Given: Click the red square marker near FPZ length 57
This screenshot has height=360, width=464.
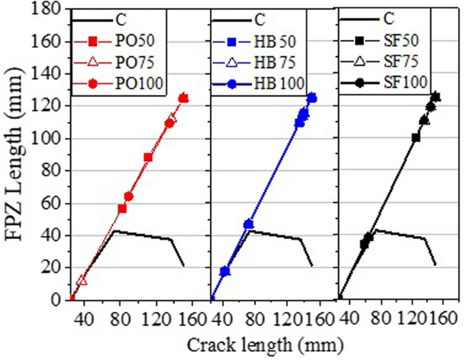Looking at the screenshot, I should (x=123, y=208).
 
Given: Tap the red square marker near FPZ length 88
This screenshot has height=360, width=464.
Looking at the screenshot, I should (x=148, y=158).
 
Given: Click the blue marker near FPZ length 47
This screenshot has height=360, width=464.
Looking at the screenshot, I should (x=249, y=224).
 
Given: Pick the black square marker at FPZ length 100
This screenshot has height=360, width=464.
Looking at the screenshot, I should (x=416, y=138).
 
